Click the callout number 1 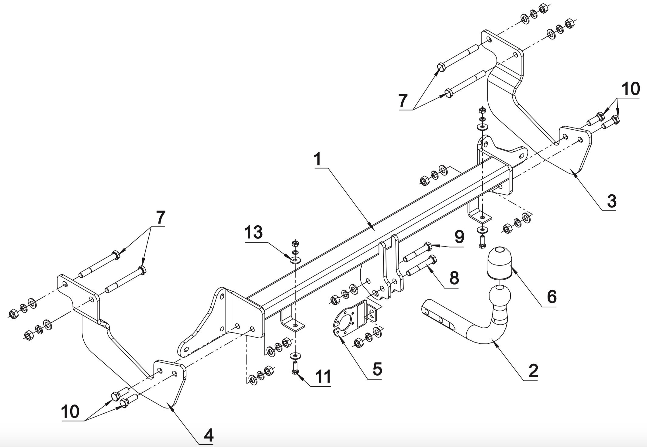[x=317, y=159]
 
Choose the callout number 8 [x=454, y=278]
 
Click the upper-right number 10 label [x=630, y=89]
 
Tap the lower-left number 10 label [x=70, y=412]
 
